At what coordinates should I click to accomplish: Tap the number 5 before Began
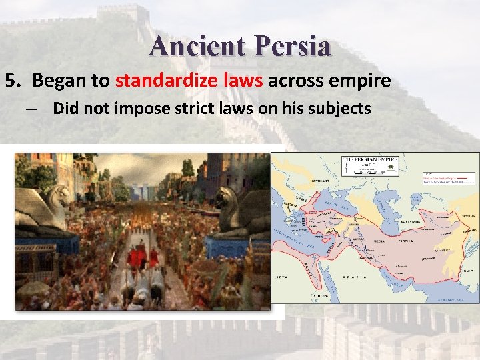point(11,81)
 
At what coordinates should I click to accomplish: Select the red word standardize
point(164,81)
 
